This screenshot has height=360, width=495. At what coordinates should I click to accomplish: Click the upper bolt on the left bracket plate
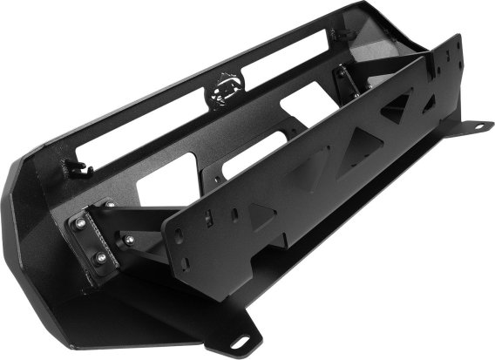(x=82, y=224)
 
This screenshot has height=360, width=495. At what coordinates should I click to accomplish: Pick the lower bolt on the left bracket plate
(x=103, y=261)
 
